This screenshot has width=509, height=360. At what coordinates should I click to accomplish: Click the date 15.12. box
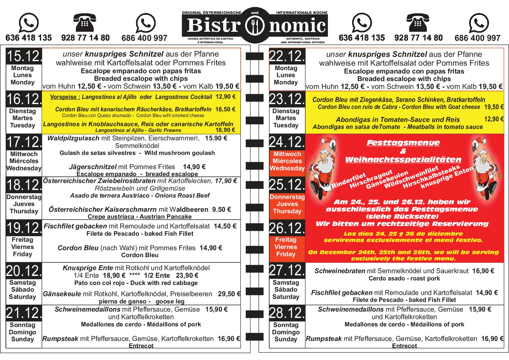[x=24, y=56]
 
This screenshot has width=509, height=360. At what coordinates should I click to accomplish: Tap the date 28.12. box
[x=287, y=313]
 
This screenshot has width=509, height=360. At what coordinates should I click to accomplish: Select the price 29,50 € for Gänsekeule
[x=229, y=294]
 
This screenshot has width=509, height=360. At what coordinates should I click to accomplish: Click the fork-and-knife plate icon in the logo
[x=255, y=25]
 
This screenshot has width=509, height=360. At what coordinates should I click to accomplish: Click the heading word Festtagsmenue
[x=403, y=142]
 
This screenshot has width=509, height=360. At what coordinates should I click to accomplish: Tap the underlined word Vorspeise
[x=63, y=97]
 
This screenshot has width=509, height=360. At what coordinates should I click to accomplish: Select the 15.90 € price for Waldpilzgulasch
[x=216, y=138]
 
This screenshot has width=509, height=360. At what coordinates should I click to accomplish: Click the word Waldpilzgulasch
[x=73, y=138]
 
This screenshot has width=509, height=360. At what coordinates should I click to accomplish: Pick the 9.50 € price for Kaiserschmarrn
[x=221, y=209]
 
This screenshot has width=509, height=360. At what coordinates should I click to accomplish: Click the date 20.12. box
[x=24, y=271]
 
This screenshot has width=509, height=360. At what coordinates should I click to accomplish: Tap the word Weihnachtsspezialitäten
[x=403, y=159]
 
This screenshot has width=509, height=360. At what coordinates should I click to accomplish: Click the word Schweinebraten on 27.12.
[x=340, y=271]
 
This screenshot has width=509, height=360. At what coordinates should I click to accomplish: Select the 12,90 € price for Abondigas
[x=493, y=119]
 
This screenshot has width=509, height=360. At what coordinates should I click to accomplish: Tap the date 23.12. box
[x=287, y=99]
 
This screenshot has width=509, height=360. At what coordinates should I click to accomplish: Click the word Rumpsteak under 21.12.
[x=60, y=339]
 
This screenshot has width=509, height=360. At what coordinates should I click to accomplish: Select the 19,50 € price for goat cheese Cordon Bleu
[x=493, y=107]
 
